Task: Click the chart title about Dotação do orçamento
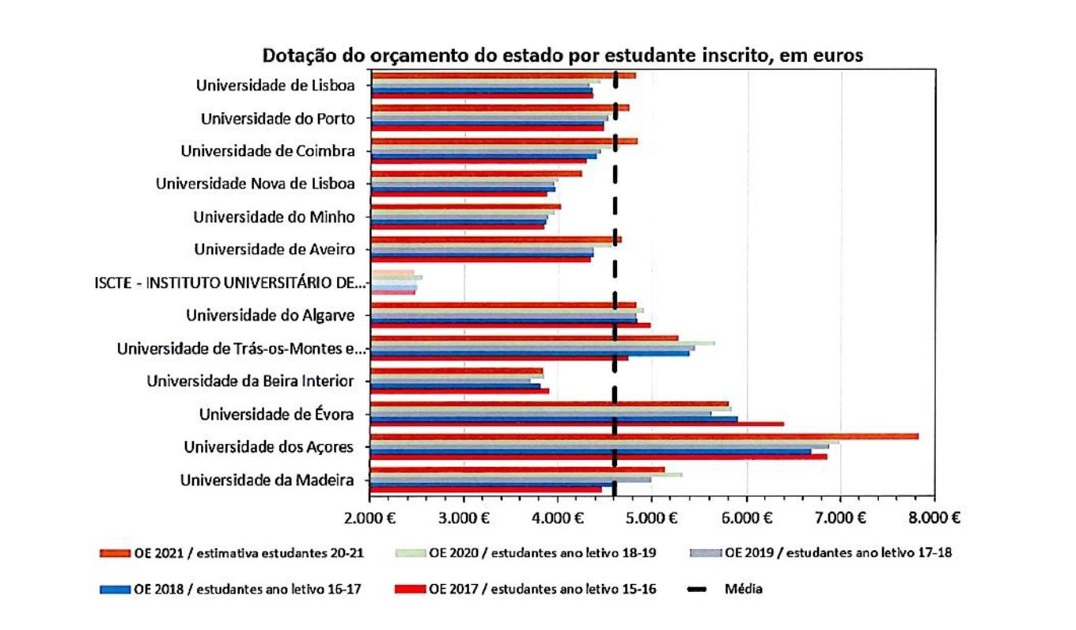click(x=563, y=57)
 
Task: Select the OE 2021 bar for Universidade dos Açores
click(x=644, y=436)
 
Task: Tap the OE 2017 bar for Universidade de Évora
click(x=577, y=424)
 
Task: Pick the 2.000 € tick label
click(x=369, y=518)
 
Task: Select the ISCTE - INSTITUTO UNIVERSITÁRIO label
click(x=230, y=283)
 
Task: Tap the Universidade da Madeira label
click(x=266, y=480)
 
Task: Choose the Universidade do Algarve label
click(x=270, y=316)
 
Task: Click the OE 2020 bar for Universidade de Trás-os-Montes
click(x=542, y=343)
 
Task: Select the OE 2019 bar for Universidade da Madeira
click(x=510, y=479)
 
